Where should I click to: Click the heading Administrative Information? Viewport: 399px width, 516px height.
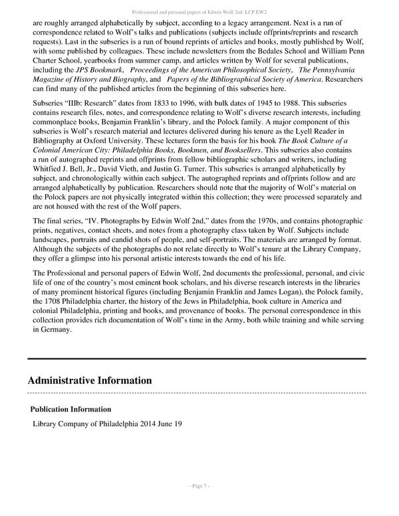90,380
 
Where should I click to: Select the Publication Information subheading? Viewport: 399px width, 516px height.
71,409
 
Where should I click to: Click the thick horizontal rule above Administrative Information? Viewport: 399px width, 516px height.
197,358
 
